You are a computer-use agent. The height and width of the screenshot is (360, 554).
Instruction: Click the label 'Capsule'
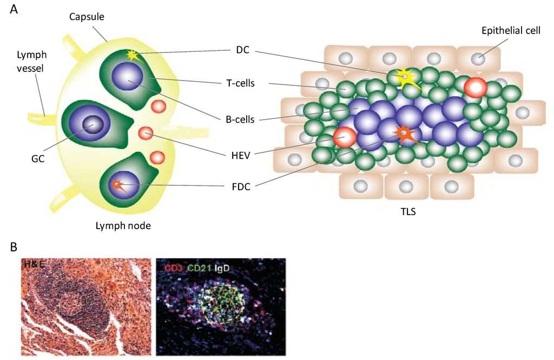click(x=87, y=17)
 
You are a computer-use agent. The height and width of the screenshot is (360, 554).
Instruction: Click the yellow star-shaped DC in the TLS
click(x=405, y=78)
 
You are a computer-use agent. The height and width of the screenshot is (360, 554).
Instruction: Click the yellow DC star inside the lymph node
click(x=132, y=55)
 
